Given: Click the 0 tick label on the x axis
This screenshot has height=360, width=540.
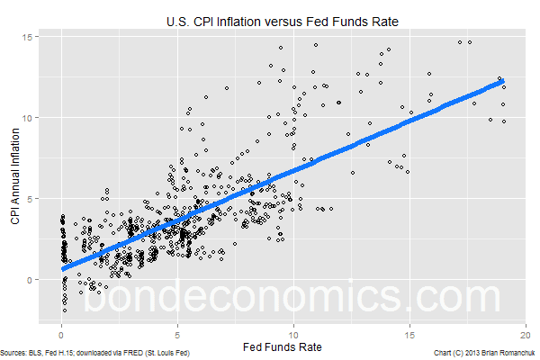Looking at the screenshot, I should point(62,330).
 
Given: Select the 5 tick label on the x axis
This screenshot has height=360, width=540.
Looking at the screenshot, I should point(178,330).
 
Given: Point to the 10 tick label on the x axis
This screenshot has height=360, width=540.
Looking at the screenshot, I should point(294,330).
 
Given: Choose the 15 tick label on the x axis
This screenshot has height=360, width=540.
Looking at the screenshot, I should point(410,330).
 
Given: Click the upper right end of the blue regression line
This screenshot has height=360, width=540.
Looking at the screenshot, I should point(503,82).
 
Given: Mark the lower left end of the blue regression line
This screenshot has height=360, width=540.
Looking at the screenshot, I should point(63,268).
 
